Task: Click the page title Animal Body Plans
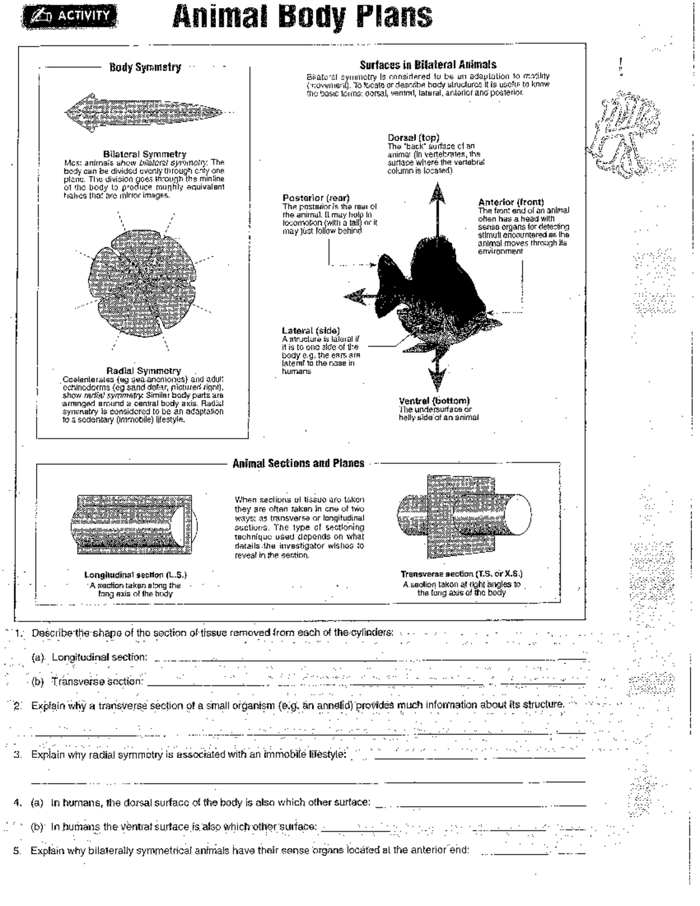[x=302, y=16]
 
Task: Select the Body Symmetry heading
[x=145, y=68]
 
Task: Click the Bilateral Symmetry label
[x=145, y=155]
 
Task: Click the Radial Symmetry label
[x=143, y=370]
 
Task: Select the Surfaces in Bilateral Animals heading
[x=428, y=65]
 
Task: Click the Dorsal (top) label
[x=413, y=138]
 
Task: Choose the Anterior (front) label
[x=510, y=202]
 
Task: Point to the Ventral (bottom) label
[x=434, y=401]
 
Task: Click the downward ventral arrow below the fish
[x=437, y=376]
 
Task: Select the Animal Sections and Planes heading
[x=298, y=464]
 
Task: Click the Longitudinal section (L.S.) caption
[x=135, y=575]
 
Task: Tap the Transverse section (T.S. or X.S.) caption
[x=461, y=574]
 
